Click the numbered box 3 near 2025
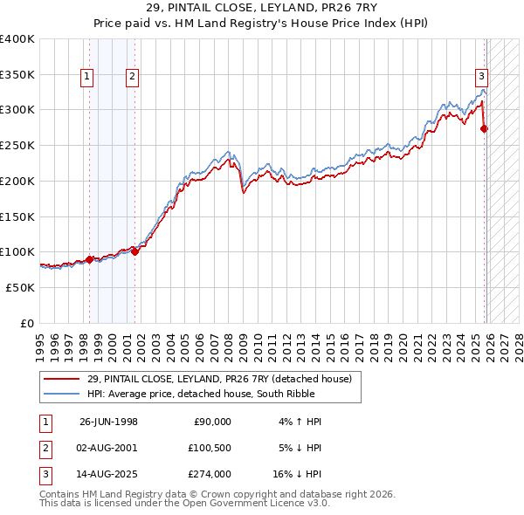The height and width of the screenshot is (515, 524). (481, 76)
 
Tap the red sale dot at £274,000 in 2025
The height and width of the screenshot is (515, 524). (485, 129)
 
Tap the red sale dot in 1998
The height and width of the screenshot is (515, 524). (89, 259)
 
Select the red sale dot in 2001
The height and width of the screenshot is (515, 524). (134, 251)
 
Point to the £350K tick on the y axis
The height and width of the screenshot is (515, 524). (17, 74)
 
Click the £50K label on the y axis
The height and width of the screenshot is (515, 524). (19, 287)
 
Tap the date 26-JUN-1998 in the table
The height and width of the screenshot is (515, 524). (108, 422)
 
